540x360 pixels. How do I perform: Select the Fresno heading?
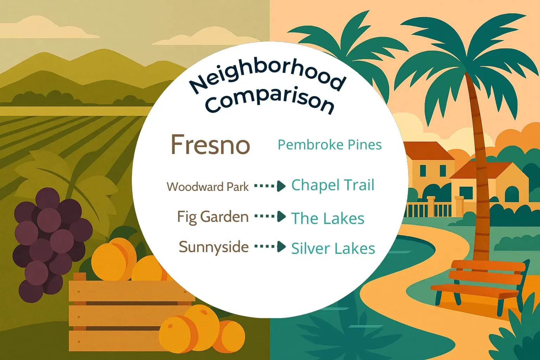click(x=210, y=144)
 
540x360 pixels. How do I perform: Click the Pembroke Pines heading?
click(x=329, y=144)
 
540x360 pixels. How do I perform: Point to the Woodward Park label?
click(x=207, y=187)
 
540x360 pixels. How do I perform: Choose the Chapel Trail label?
click(x=333, y=185)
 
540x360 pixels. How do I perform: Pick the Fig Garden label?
click(x=213, y=217)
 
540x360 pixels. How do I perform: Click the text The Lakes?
click(x=328, y=218)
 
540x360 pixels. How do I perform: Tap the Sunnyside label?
click(x=213, y=247)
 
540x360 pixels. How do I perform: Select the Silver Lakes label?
click(x=333, y=248)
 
